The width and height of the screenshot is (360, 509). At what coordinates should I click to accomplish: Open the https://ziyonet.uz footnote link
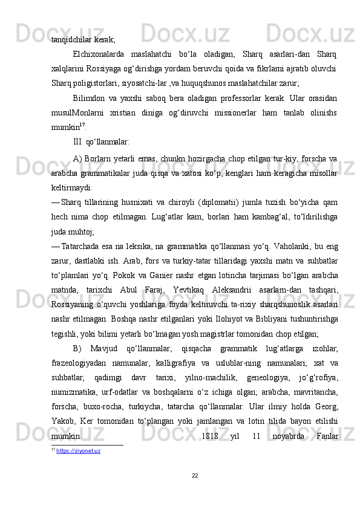click(78, 450)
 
